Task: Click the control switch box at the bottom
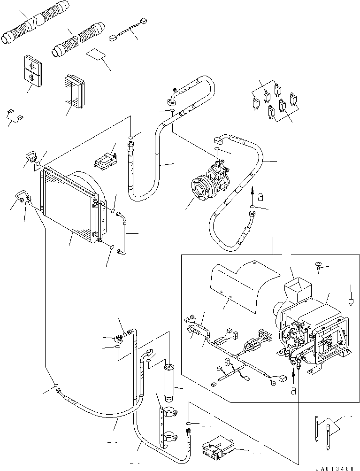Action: coord(216,451)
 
